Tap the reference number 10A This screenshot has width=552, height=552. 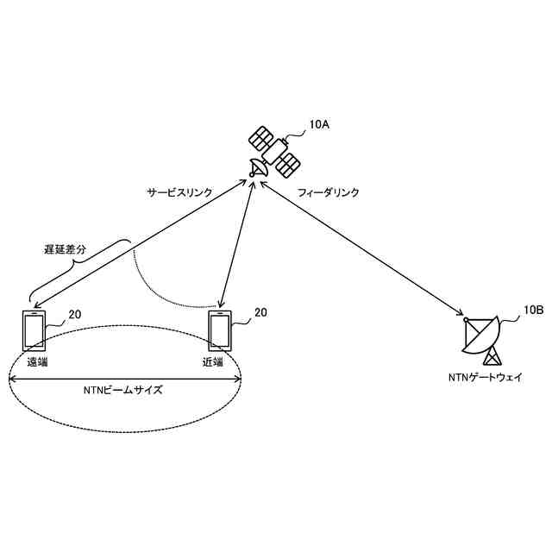click(x=319, y=124)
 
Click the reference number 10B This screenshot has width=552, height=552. click(x=533, y=311)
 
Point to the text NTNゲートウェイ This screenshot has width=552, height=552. click(x=486, y=378)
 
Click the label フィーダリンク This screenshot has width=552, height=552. click(x=329, y=193)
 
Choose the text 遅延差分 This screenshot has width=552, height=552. click(x=66, y=250)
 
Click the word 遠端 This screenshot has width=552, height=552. click(x=37, y=362)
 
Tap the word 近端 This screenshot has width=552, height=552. click(x=213, y=362)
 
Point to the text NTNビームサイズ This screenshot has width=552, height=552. click(x=127, y=390)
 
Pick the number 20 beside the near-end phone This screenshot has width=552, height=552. click(x=260, y=312)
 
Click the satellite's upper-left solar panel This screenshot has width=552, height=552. click(x=261, y=136)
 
